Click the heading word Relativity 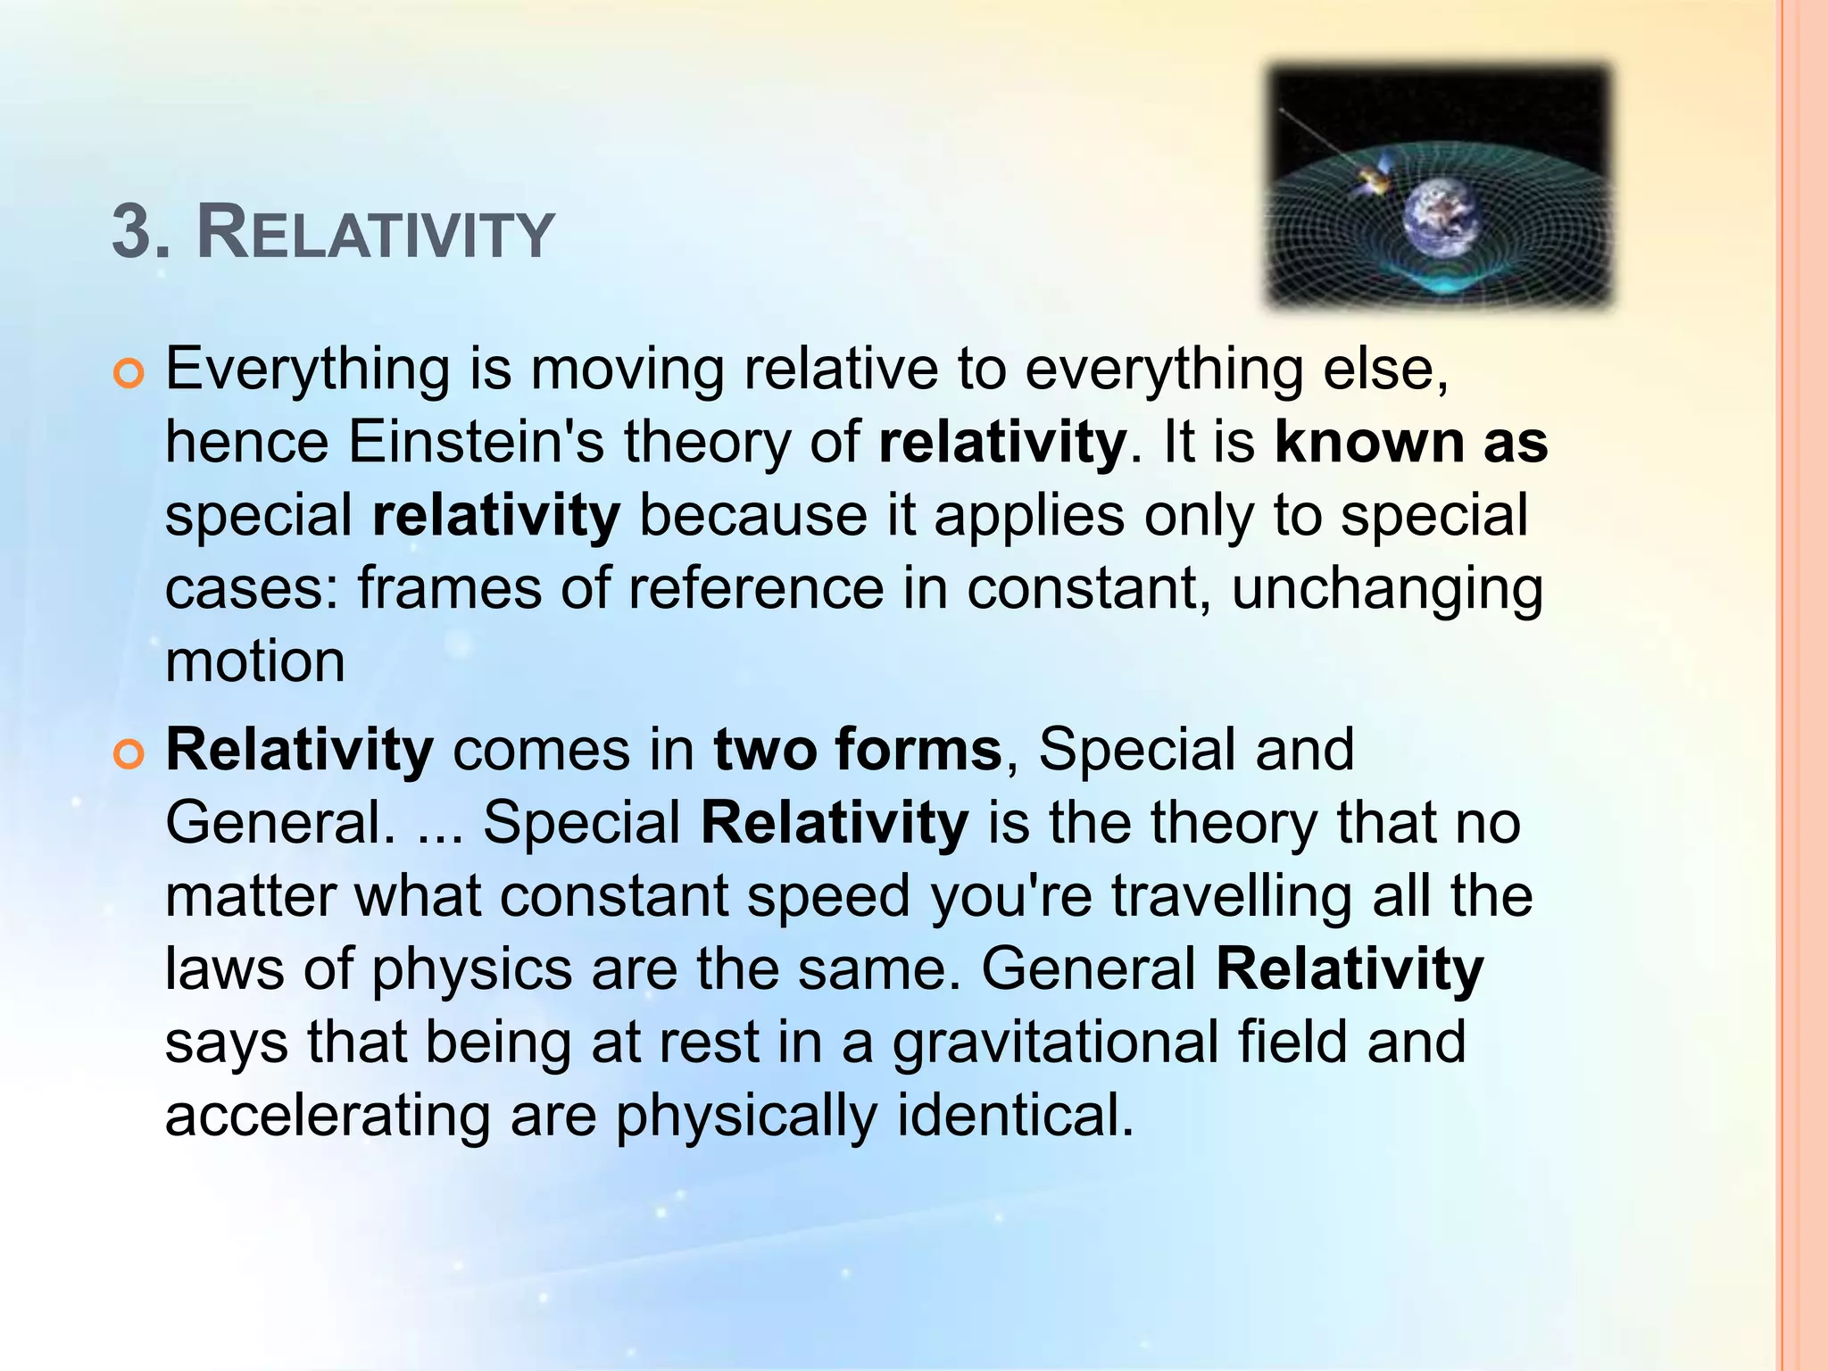pyautogui.click(x=375, y=234)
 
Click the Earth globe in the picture pyautogui.click(x=1440, y=216)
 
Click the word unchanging pyautogui.click(x=1387, y=591)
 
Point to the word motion pyautogui.click(x=255, y=662)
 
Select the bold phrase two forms pyautogui.click(x=857, y=750)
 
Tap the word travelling pyautogui.click(x=1232, y=897)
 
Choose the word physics pyautogui.click(x=471, y=971)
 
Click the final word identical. pyautogui.click(x=1015, y=1116)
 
